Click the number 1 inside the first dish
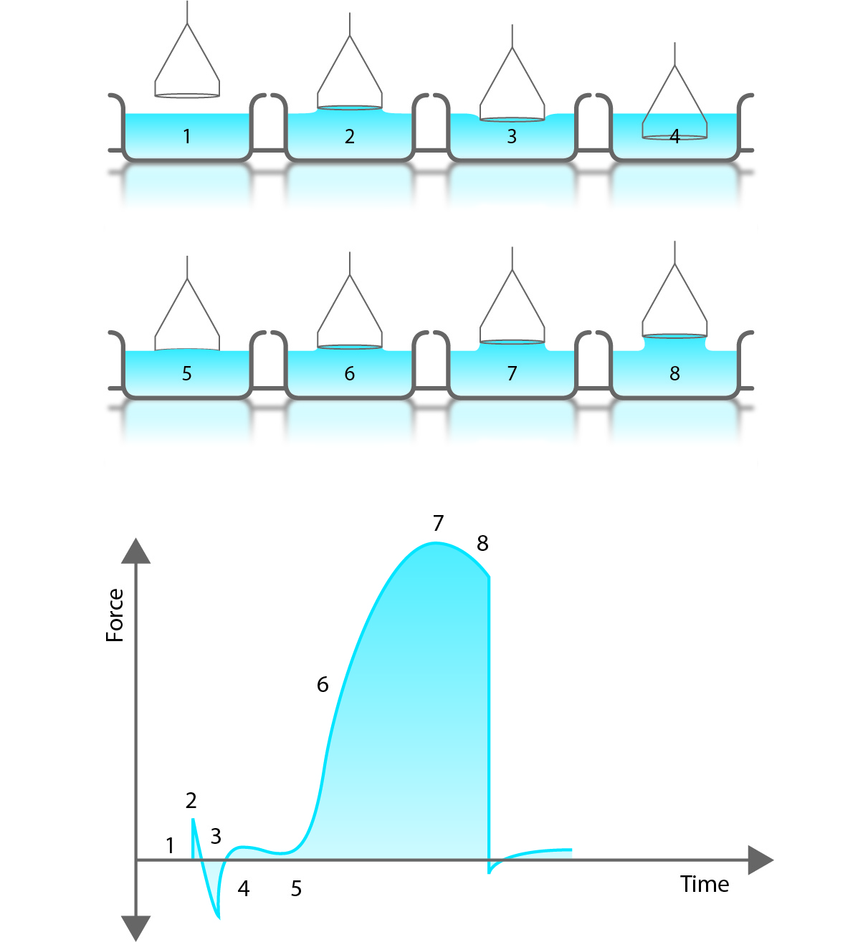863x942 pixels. (x=187, y=136)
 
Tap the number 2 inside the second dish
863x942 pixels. (x=350, y=136)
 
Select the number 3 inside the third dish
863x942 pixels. (x=512, y=136)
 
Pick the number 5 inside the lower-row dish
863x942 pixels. (x=187, y=373)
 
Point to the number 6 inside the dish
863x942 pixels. (x=350, y=373)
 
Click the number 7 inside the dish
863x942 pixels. (x=512, y=373)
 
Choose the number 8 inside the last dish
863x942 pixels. (x=674, y=373)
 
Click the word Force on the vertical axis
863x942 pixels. (x=115, y=615)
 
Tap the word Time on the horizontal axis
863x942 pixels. (x=705, y=884)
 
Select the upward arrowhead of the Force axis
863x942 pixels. (x=136, y=552)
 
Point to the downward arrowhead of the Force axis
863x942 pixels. (x=136, y=927)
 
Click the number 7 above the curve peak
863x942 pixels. (x=438, y=524)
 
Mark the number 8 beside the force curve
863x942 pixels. (x=482, y=544)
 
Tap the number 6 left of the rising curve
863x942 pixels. (x=323, y=685)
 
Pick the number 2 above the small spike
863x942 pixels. (x=191, y=800)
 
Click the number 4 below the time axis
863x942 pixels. (x=244, y=889)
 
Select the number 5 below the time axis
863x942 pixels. (x=296, y=889)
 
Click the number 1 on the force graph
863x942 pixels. (x=170, y=846)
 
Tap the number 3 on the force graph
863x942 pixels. (x=216, y=836)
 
